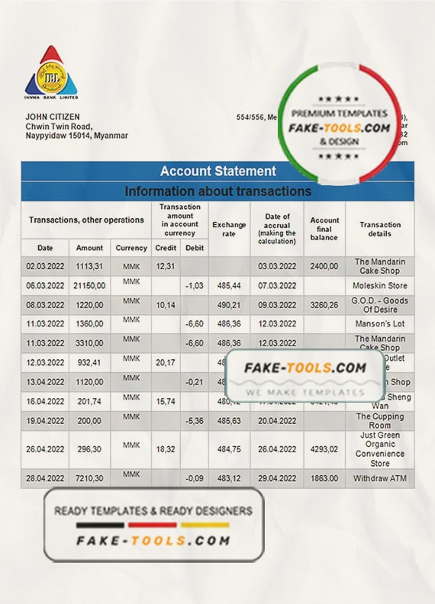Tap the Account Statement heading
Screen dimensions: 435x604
coord(217,172)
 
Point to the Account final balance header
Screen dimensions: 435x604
coord(324,229)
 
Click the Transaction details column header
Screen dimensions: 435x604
coord(380,229)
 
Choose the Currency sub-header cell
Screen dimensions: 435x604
coord(131,248)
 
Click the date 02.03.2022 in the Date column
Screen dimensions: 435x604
coord(45,265)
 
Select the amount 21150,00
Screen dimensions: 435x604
coord(89,285)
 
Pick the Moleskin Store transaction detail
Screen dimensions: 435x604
coord(380,285)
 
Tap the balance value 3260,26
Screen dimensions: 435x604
coord(324,305)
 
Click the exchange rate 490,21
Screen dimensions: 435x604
coord(229,305)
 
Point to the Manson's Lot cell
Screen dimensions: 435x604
coord(380,323)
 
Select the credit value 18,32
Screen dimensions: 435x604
coord(165,449)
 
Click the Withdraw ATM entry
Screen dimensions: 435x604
coord(380,478)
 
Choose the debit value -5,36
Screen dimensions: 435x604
coord(194,420)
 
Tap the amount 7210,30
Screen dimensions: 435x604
coord(89,478)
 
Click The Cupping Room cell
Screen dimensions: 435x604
coord(380,420)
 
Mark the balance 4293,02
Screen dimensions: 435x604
coord(324,449)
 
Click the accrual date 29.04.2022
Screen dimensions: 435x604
coord(276,478)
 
